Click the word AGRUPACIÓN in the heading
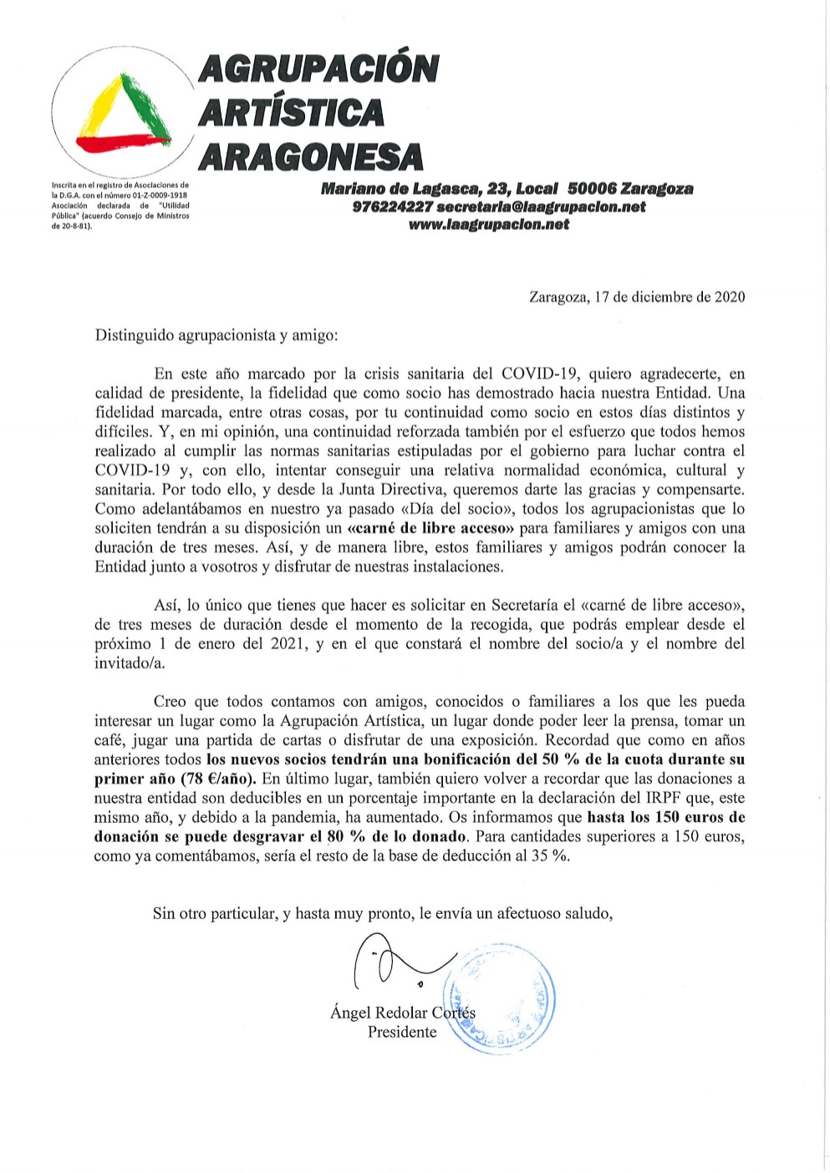(x=318, y=69)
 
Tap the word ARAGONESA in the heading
(x=312, y=156)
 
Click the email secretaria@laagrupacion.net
(x=541, y=206)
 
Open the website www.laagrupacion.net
(x=489, y=224)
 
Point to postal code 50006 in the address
(x=592, y=189)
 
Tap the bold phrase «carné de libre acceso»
(x=430, y=528)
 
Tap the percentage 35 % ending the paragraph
(x=550, y=856)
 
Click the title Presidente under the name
(x=402, y=1032)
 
